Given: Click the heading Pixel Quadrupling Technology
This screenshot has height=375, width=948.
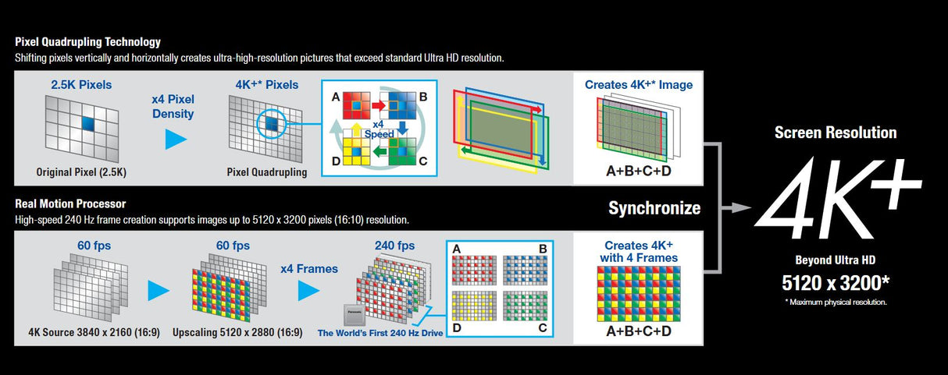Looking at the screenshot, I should coord(87,42).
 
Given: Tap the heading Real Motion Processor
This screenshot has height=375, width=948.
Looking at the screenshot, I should coord(70,204).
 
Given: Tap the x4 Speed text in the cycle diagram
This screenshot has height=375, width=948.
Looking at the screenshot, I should coord(379,129).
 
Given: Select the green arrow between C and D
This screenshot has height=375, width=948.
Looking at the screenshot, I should coord(379,153).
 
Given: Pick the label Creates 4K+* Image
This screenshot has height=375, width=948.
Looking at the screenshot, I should coord(639,84).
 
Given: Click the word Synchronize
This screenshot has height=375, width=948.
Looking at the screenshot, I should coord(654,208).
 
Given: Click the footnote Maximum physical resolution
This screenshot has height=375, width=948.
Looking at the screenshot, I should coord(836,302).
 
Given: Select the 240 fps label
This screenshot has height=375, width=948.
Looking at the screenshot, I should coord(394,246).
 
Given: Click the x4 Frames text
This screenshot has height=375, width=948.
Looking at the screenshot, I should coord(309,268).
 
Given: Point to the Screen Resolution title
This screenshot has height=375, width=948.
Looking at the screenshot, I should coord(836,133).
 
